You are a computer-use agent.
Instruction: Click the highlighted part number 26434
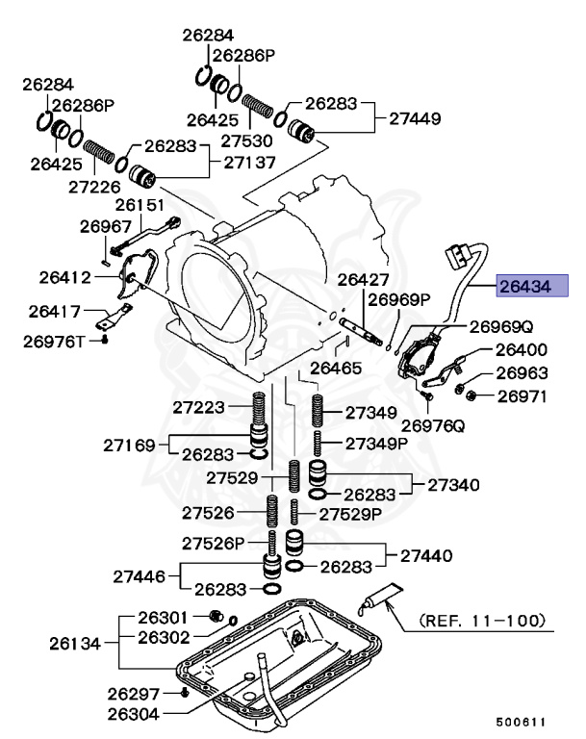pos(532,285)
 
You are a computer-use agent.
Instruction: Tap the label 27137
pos(251,164)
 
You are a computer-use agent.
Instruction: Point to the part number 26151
pos(140,205)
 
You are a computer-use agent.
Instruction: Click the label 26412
pos(65,277)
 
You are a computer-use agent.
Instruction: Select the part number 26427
pos(363,279)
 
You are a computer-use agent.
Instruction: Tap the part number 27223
pos(199,407)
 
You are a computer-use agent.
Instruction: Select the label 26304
pos(134,713)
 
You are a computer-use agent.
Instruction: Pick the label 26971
pos(522,395)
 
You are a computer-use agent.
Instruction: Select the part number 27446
pos(138,576)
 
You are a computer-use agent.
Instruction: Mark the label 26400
pos(521,351)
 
